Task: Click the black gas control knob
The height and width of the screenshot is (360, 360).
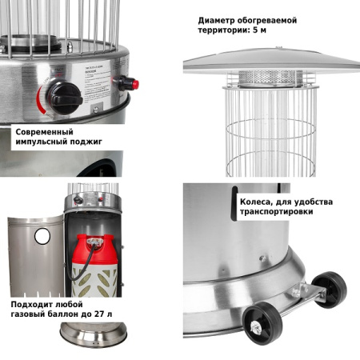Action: tap(65, 98)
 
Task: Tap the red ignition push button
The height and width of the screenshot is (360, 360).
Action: tap(135, 85)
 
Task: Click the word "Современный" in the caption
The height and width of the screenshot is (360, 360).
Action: tap(44, 132)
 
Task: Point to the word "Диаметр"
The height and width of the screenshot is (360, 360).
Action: tap(216, 21)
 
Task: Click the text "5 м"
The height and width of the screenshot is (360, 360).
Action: tap(259, 30)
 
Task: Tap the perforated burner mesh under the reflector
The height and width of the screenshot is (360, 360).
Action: tap(270, 78)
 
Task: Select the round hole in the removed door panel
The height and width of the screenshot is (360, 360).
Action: tap(42, 236)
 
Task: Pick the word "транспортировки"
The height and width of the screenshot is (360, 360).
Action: tap(276, 212)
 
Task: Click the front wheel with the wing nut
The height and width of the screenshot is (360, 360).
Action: tap(262, 325)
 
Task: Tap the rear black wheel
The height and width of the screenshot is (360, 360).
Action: tap(330, 290)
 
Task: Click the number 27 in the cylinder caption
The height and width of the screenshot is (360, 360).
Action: tap(99, 314)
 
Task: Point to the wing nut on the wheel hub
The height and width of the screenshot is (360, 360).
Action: tap(257, 327)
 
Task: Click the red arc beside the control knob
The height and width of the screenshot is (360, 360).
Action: tap(42, 101)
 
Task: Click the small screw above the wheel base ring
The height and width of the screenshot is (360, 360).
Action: tap(262, 258)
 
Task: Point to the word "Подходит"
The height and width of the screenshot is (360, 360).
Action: tap(32, 305)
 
